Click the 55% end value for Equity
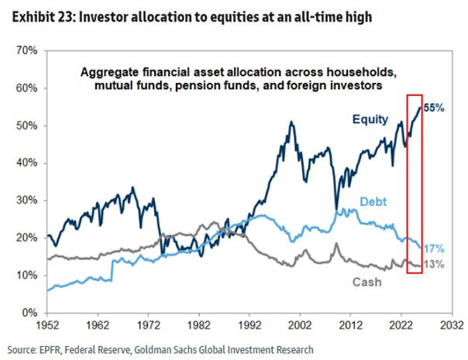click(x=434, y=109)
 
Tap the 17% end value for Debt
click(x=434, y=249)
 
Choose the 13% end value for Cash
click(x=434, y=266)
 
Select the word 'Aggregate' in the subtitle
click(x=109, y=72)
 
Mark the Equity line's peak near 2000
click(x=291, y=122)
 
